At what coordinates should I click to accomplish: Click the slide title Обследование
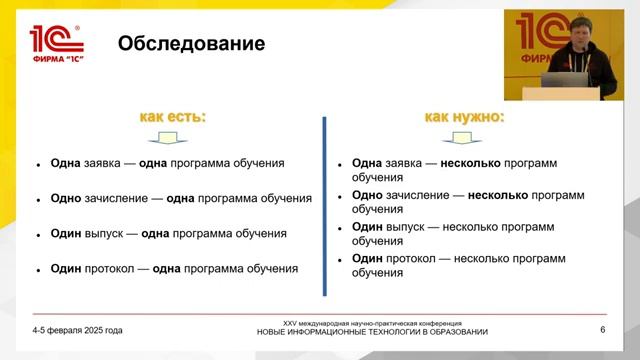(x=191, y=43)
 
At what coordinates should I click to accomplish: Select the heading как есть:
(x=172, y=117)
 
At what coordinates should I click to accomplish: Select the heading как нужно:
(x=465, y=117)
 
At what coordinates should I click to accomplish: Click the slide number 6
(x=602, y=329)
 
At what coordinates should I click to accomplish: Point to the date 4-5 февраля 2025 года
(x=77, y=330)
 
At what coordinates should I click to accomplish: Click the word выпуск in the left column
(x=106, y=233)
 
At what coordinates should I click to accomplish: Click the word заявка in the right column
(x=407, y=162)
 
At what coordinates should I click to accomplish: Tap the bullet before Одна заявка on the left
(x=38, y=164)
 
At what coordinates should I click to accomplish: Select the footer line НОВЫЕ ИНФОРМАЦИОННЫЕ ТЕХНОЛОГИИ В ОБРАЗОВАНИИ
(x=372, y=332)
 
